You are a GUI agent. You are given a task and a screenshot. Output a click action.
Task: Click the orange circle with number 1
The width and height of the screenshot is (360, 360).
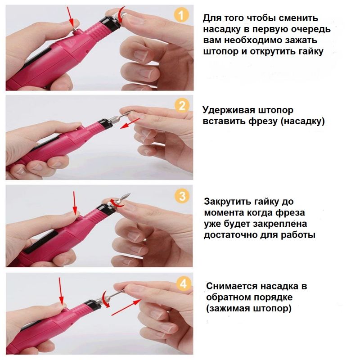tap(181, 15)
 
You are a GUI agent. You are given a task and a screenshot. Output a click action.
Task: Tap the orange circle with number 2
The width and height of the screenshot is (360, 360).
tap(182, 106)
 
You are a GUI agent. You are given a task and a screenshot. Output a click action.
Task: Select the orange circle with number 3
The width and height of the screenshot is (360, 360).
tap(182, 196)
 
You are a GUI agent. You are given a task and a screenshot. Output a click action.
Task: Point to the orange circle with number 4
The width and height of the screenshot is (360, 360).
tap(183, 284)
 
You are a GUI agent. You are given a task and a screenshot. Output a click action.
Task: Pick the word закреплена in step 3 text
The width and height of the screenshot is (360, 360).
tap(279, 224)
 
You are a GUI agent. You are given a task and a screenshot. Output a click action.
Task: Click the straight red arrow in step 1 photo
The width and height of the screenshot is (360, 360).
tap(70, 17)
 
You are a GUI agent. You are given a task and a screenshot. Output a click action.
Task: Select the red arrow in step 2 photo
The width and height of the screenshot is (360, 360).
tap(130, 123)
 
